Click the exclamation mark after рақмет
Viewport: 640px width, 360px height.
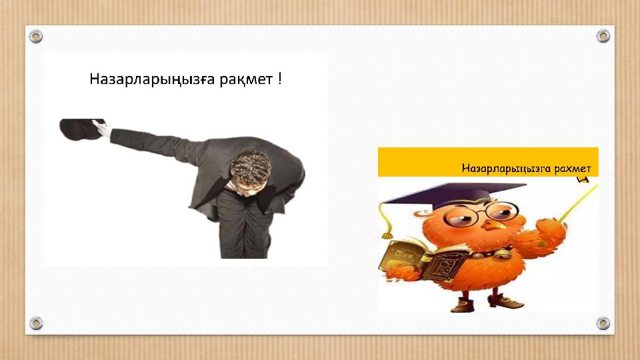click(281, 80)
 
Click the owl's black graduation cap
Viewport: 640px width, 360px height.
click(446, 193)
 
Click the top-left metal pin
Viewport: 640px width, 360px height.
click(37, 36)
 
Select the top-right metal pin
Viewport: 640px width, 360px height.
click(603, 36)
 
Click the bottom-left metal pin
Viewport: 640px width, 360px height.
click(37, 323)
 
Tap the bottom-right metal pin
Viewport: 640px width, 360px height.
click(603, 323)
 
